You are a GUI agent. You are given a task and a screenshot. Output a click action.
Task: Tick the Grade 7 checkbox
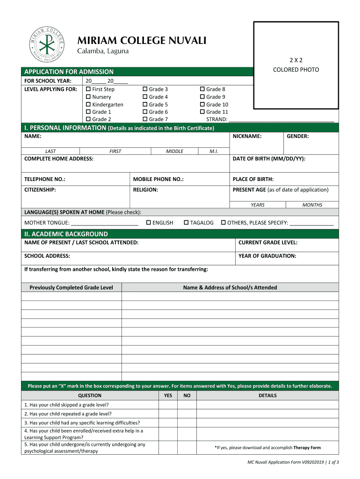[145, 119]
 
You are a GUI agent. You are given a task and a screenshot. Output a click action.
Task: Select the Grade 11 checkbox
[202, 112]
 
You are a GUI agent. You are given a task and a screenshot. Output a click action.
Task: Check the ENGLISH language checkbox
[149, 223]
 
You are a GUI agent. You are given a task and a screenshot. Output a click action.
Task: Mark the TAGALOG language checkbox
[186, 223]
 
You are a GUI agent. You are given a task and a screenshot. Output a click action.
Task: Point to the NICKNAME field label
[247, 136]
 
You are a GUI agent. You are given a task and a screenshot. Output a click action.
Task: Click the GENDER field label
[297, 136]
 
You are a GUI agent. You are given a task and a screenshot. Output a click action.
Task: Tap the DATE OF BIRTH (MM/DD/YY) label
[269, 159]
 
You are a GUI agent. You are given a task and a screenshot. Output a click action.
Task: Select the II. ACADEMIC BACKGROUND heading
[66, 234]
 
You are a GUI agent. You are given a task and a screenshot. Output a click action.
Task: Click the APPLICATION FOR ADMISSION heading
[69, 72]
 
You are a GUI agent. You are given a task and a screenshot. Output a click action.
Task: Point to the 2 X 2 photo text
[296, 60]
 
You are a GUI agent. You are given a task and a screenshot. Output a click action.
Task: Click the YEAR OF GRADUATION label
[267, 256]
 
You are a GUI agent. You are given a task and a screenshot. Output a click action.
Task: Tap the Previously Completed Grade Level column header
[71, 288]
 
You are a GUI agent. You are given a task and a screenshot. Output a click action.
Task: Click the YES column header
[168, 395]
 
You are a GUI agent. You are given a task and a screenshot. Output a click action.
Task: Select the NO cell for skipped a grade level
[187, 405]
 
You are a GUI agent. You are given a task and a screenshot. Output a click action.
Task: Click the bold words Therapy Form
[307, 448]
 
